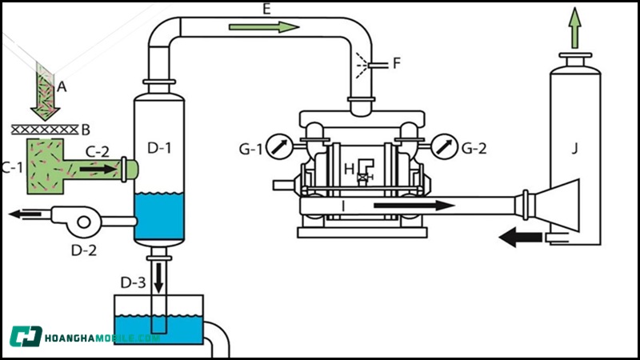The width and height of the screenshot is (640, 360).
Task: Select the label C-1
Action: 11,168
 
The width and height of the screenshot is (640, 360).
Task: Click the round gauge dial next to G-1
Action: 277,146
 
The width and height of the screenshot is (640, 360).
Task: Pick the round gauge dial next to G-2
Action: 442,146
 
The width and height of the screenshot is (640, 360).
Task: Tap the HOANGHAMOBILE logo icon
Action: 26,336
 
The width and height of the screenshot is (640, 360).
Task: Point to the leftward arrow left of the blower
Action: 25,214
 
